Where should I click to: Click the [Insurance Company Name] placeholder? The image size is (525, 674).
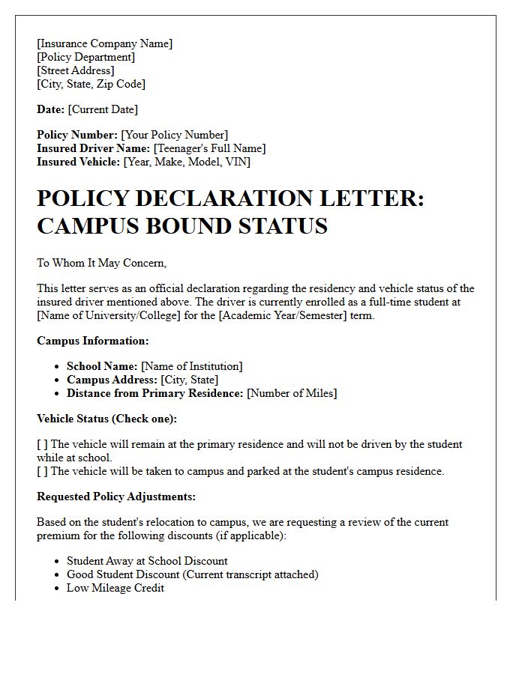click(104, 43)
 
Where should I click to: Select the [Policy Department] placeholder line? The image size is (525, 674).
click(85, 57)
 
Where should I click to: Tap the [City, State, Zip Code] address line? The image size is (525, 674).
click(91, 84)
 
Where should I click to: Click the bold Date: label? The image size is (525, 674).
click(50, 109)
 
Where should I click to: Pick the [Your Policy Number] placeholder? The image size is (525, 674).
click(175, 135)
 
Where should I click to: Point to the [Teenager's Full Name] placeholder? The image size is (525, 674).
click(209, 148)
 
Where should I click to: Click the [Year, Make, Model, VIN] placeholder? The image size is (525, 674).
click(187, 162)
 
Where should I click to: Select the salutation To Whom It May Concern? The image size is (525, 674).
click(101, 263)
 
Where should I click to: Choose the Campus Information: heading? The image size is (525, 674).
click(93, 341)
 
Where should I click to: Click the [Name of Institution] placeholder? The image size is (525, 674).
click(191, 366)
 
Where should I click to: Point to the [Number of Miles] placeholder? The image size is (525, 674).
click(292, 393)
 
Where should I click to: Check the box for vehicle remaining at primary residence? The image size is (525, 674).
click(42, 444)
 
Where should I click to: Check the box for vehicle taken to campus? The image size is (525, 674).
click(42, 471)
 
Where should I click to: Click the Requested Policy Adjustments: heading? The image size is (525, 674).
click(115, 497)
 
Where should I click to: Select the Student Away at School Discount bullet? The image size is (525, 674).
click(147, 561)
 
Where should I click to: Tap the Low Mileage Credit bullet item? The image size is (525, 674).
click(115, 588)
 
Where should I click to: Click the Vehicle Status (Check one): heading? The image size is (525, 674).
click(106, 419)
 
